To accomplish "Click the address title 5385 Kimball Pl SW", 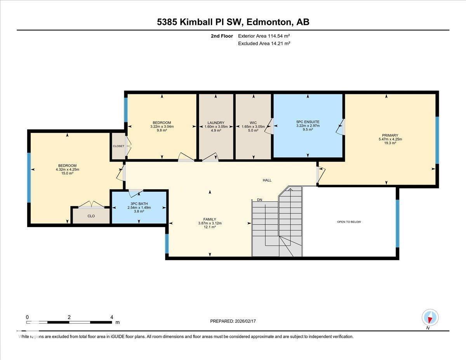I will [x=233, y=22].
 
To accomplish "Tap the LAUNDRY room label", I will [x=216, y=123].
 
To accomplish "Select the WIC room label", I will [x=253, y=123].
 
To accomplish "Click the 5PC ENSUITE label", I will [x=308, y=122].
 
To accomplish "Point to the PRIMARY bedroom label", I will [x=390, y=136].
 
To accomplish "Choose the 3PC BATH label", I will [x=139, y=204].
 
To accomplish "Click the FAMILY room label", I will [x=210, y=219].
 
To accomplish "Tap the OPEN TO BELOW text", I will [x=349, y=222].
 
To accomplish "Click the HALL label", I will [x=267, y=180].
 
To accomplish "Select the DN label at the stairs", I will [x=259, y=200].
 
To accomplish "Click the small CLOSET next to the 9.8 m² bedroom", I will [x=118, y=146].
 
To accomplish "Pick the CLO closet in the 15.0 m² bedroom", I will [x=91, y=216].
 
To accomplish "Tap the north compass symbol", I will [x=430, y=317].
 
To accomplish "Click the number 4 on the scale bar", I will [x=112, y=317].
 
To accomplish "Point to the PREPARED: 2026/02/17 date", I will [x=233, y=321].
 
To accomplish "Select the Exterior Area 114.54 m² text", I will [x=264, y=36].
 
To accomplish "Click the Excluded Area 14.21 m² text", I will [x=264, y=43].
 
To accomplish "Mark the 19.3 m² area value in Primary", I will [x=390, y=143].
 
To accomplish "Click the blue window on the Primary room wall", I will [x=437, y=140].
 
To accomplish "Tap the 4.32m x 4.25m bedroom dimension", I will [x=68, y=169].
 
